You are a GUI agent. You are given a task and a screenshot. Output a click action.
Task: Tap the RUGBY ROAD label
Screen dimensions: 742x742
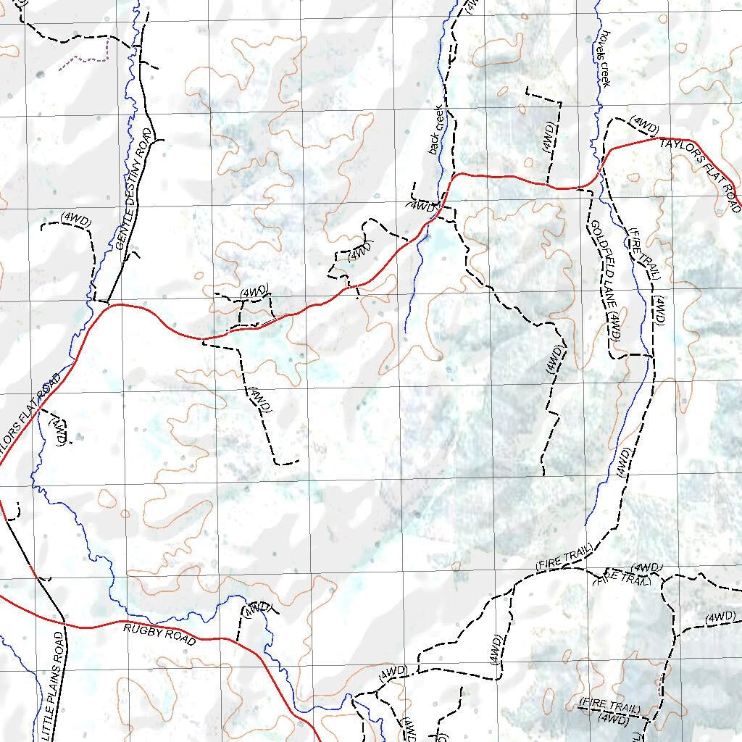pyautogui.click(x=159, y=635)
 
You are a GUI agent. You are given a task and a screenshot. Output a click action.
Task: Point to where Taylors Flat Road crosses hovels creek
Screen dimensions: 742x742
pyautogui.click(x=598, y=175)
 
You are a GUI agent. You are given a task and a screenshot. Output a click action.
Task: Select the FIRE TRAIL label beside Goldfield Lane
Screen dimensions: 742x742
pyautogui.click(x=645, y=253)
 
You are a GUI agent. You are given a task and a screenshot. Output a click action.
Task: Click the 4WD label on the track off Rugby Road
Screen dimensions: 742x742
pyautogui.click(x=257, y=609)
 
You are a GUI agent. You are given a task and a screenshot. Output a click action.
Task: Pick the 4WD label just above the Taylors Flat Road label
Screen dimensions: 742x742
pyautogui.click(x=643, y=124)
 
